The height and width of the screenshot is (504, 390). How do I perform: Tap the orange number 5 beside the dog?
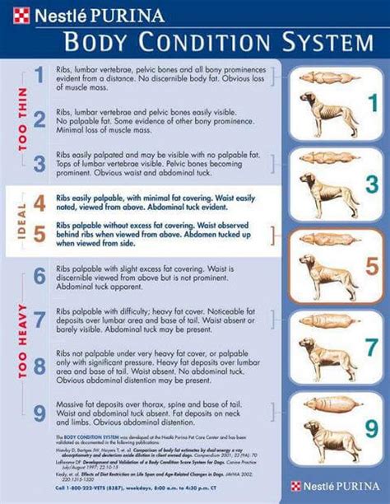370,266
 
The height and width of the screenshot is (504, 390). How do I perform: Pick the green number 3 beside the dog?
369,184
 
